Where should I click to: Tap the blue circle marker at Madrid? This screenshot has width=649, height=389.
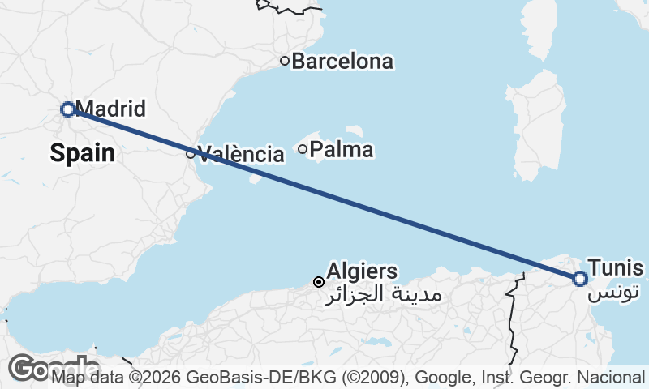68,109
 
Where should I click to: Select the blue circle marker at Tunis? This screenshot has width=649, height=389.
579,279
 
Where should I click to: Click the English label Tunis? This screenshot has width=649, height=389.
617,268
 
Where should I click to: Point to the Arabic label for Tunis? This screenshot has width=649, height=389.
615,290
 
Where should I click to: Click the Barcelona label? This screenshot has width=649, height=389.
342,61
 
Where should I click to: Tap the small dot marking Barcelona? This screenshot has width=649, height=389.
285,60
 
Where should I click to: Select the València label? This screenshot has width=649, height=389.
241,154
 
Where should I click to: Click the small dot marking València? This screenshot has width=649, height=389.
191,153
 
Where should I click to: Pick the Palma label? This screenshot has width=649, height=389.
342,149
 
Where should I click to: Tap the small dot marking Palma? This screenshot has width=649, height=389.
303,148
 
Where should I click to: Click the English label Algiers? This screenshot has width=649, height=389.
362,271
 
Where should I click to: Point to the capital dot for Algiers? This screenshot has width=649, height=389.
319,282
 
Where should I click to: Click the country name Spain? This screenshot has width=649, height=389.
82,152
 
